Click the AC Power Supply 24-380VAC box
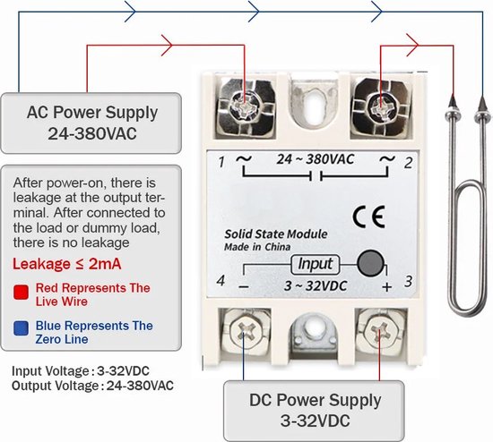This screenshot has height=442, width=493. pos(92,124)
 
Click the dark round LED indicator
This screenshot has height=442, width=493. pos(368,265)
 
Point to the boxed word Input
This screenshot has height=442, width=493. pos(315,265)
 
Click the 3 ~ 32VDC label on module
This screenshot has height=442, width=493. pos(315,286)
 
